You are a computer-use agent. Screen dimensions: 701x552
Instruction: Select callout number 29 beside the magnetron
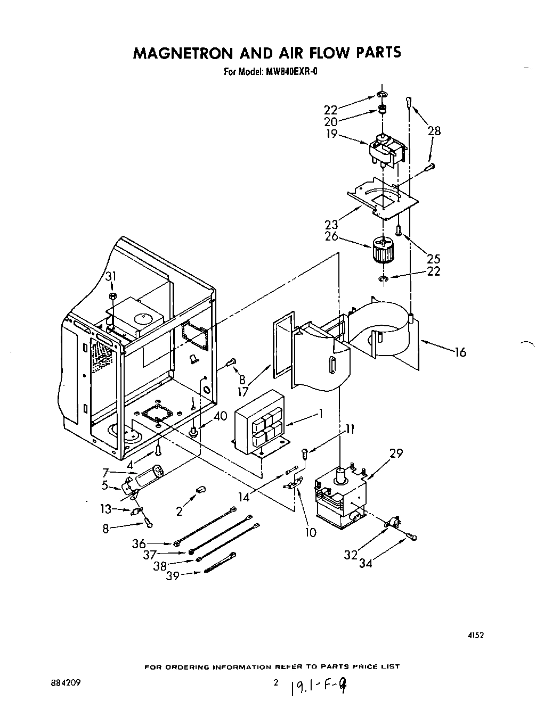tap(396, 453)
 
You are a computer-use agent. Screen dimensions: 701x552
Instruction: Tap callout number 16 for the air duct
tap(461, 352)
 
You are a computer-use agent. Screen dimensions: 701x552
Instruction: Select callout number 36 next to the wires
tap(139, 543)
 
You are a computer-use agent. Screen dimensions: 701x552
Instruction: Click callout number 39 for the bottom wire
tap(173, 576)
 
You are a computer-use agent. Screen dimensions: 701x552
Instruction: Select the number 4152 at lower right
tap(476, 634)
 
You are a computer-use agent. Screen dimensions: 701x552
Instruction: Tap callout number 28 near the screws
tap(434, 131)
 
